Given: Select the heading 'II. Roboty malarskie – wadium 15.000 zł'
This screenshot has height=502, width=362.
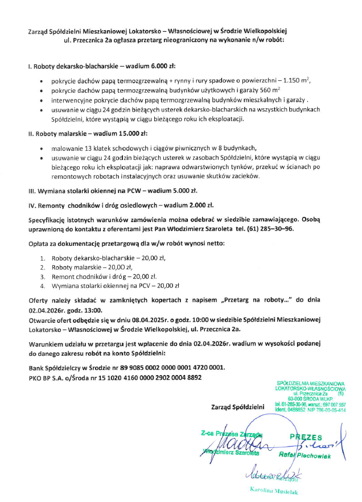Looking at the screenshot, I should pyautogui.click(x=88, y=134).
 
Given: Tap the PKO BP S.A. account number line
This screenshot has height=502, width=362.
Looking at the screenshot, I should pyautogui.click(x=114, y=377).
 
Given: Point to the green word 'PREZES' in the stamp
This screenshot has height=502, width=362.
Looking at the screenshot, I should pyautogui.click(x=306, y=437).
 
